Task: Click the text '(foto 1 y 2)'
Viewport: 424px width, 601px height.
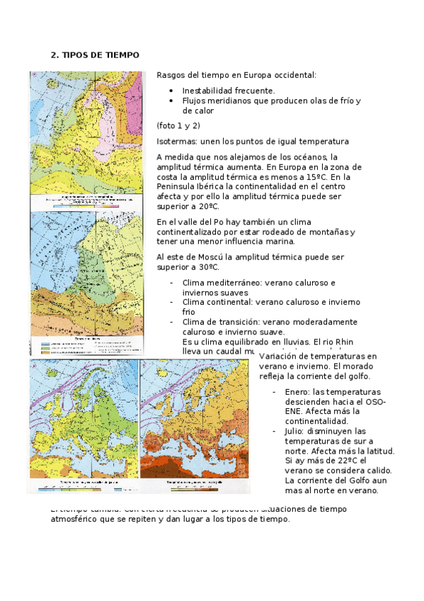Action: click(178, 125)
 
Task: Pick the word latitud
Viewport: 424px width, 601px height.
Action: click(377, 451)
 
